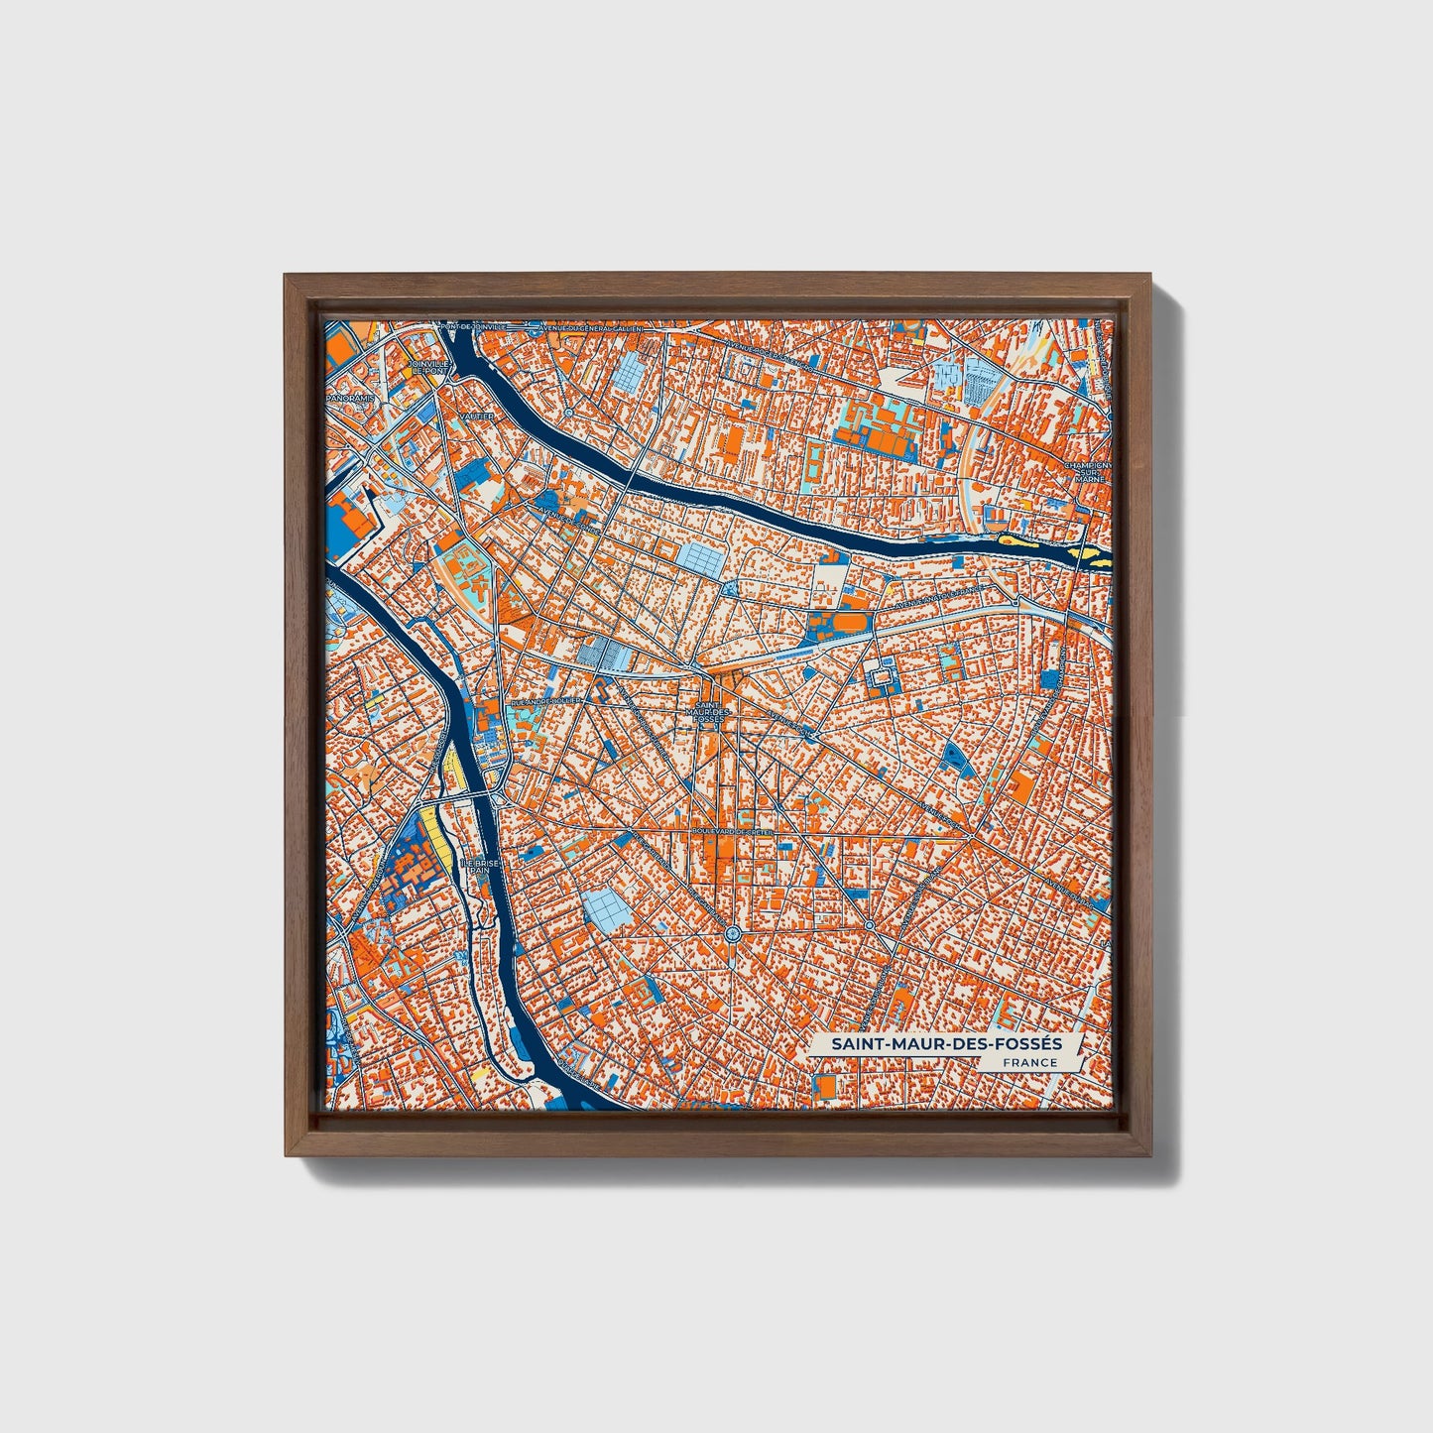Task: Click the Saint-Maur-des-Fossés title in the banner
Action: point(946,1044)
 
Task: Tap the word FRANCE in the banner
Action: point(1029,1063)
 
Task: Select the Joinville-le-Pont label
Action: point(429,368)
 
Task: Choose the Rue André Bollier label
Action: point(544,700)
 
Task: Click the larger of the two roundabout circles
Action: point(732,933)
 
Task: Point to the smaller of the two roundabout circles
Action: point(870,925)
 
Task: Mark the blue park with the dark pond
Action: point(954,757)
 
